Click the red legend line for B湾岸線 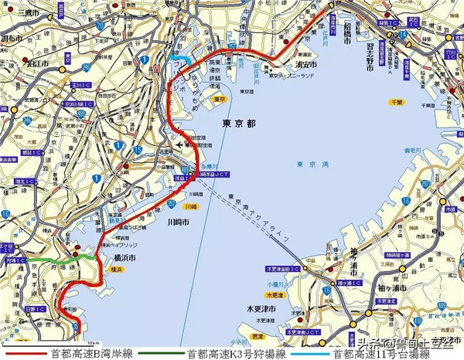click(x=24, y=353)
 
